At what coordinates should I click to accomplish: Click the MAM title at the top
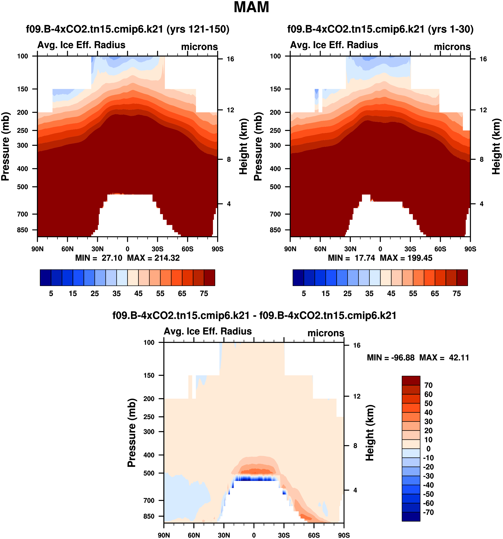coord(251,7)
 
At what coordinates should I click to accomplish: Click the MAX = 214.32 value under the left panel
coord(153,258)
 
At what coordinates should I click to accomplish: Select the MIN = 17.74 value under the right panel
coord(351,258)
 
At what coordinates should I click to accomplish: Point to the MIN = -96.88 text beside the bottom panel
coord(391,358)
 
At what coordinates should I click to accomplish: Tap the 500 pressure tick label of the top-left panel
coord(23,187)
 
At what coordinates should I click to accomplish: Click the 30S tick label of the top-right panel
coord(410,249)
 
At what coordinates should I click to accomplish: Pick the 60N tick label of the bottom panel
coord(194,535)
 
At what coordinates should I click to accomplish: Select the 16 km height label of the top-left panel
coord(230,59)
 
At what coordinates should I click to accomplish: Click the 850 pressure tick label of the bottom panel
coord(149,516)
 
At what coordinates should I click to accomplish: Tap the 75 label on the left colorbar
coord(204,294)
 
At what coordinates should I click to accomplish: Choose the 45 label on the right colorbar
coord(391,294)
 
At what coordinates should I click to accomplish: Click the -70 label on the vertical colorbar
coord(428,512)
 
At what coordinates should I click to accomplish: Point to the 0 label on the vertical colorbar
coord(428,449)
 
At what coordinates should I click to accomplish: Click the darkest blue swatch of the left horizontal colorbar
coord(45,278)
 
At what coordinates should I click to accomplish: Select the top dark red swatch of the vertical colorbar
coord(411,380)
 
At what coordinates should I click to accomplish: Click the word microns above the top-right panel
coord(452,47)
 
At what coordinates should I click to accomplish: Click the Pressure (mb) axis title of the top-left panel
coord(5,146)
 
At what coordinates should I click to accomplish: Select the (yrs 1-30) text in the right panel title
coord(450,29)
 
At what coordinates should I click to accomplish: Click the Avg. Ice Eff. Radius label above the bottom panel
coord(208,331)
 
